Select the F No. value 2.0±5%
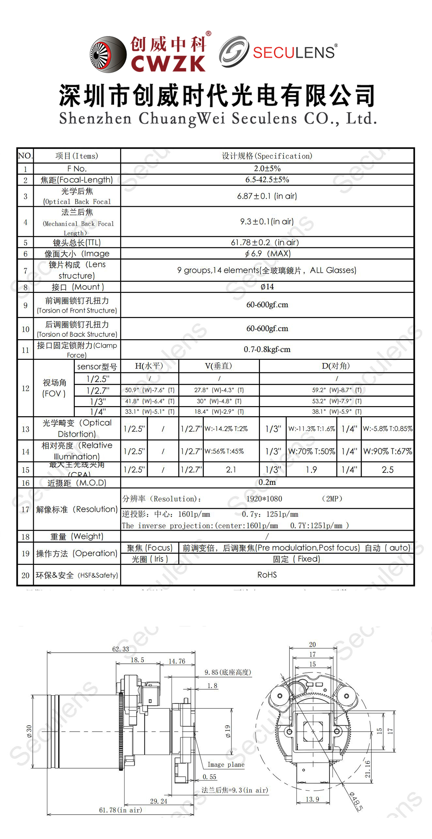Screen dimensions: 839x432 pos(267,169)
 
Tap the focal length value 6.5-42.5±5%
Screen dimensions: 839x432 pos(267,180)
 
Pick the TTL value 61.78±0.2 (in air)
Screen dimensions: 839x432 pos(265,242)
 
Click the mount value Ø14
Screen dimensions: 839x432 pos(267,287)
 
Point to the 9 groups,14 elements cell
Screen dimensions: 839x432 pos(267,270)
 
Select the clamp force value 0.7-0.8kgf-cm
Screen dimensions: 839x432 pos(267,349)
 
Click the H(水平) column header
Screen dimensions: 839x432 pos(149,366)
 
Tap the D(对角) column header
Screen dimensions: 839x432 pos(336,366)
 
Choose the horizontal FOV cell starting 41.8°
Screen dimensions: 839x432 pos(149,401)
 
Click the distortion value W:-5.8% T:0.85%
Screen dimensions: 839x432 pos(387,429)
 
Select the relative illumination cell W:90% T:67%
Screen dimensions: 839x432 pos(387,451)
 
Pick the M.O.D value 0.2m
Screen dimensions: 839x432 pos(267,482)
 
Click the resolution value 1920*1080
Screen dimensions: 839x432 pos(264,499)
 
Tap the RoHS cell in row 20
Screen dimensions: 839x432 pos(267,575)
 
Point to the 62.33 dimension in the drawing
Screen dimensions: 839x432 pos(121,649)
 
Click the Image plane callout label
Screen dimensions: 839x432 pos(226,764)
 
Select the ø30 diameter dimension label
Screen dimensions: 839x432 pos(29,731)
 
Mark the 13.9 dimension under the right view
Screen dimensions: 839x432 pos(312,799)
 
